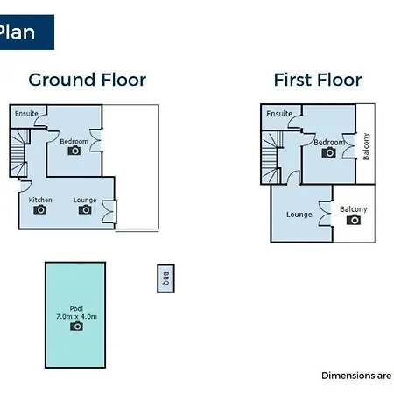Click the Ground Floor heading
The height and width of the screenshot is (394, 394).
tap(88, 80)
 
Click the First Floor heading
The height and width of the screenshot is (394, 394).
tap(318, 80)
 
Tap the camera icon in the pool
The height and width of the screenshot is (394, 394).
tap(76, 326)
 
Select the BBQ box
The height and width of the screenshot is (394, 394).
tap(165, 278)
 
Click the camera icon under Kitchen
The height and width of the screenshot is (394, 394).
tap(40, 209)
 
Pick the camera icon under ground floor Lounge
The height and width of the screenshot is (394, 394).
tap(85, 209)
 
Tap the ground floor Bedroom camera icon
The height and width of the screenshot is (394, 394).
tap(74, 151)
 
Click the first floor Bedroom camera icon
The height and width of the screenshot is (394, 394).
tap(328, 152)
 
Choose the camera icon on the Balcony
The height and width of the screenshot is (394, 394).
tap(354, 220)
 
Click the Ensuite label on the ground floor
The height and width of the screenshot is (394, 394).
tap(26, 113)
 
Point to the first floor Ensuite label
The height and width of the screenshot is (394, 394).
tap(279, 114)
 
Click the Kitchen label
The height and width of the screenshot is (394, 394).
tap(40, 200)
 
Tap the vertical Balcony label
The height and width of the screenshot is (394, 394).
tap(366, 146)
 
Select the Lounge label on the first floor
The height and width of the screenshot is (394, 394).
tap(299, 215)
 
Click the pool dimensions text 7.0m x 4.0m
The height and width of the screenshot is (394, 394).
tap(76, 316)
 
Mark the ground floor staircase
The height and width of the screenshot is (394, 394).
tap(19, 153)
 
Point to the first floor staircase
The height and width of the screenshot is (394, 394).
tap(271, 157)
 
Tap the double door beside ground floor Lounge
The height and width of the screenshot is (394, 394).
tap(109, 212)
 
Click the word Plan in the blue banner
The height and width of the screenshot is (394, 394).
tap(17, 32)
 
